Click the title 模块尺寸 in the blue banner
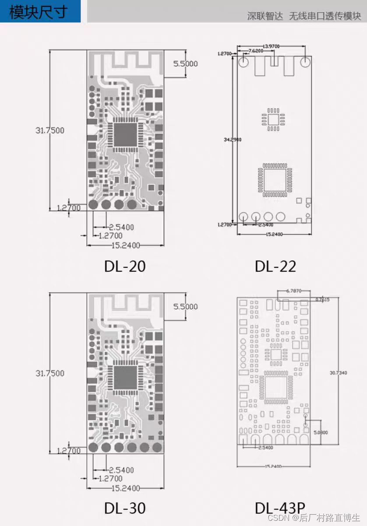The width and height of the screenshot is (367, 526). point(39,11)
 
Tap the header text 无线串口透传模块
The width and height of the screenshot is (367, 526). point(325,16)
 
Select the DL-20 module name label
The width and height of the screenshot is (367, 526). point(125,266)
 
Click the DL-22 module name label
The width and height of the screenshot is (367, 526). point(275,266)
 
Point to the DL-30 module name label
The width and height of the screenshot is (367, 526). point(125,508)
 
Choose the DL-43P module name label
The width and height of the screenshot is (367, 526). point(280,508)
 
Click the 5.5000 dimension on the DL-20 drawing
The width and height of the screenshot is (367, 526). point(185,64)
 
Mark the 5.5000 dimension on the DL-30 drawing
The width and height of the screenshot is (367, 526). point(185,306)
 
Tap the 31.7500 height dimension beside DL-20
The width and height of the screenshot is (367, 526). point(50,130)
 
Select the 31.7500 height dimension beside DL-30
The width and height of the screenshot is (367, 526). point(50,373)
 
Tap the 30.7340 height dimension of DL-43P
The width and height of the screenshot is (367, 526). point(338,373)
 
